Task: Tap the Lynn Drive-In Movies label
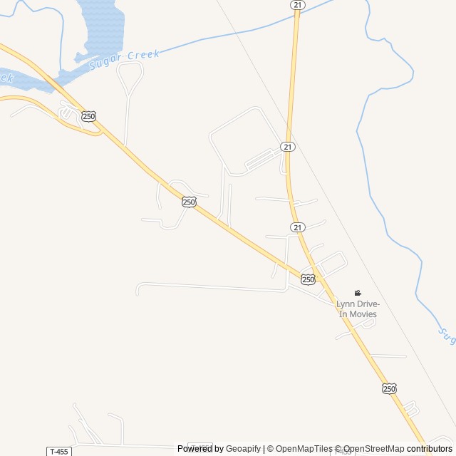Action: pyautogui.click(x=357, y=309)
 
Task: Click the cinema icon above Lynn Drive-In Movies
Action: pyautogui.click(x=358, y=293)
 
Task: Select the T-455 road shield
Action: pyautogui.click(x=59, y=451)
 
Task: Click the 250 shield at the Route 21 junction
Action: pyautogui.click(x=308, y=279)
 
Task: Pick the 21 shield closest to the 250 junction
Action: pyautogui.click(x=298, y=227)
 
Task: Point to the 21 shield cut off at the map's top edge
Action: pyautogui.click(x=297, y=4)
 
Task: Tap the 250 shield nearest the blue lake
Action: pyautogui.click(x=88, y=116)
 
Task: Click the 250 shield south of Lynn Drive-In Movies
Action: pyautogui.click(x=388, y=388)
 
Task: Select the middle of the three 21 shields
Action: pyautogui.click(x=287, y=146)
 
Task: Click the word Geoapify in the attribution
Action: pyautogui.click(x=244, y=449)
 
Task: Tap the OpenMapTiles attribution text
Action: pyautogui.click(x=304, y=449)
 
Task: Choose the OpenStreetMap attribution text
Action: pyautogui.click(x=373, y=449)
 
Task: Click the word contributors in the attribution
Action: pyautogui.click(x=430, y=449)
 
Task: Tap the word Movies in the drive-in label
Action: pyautogui.click(x=363, y=314)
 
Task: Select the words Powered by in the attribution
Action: pyautogui.click(x=200, y=449)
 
